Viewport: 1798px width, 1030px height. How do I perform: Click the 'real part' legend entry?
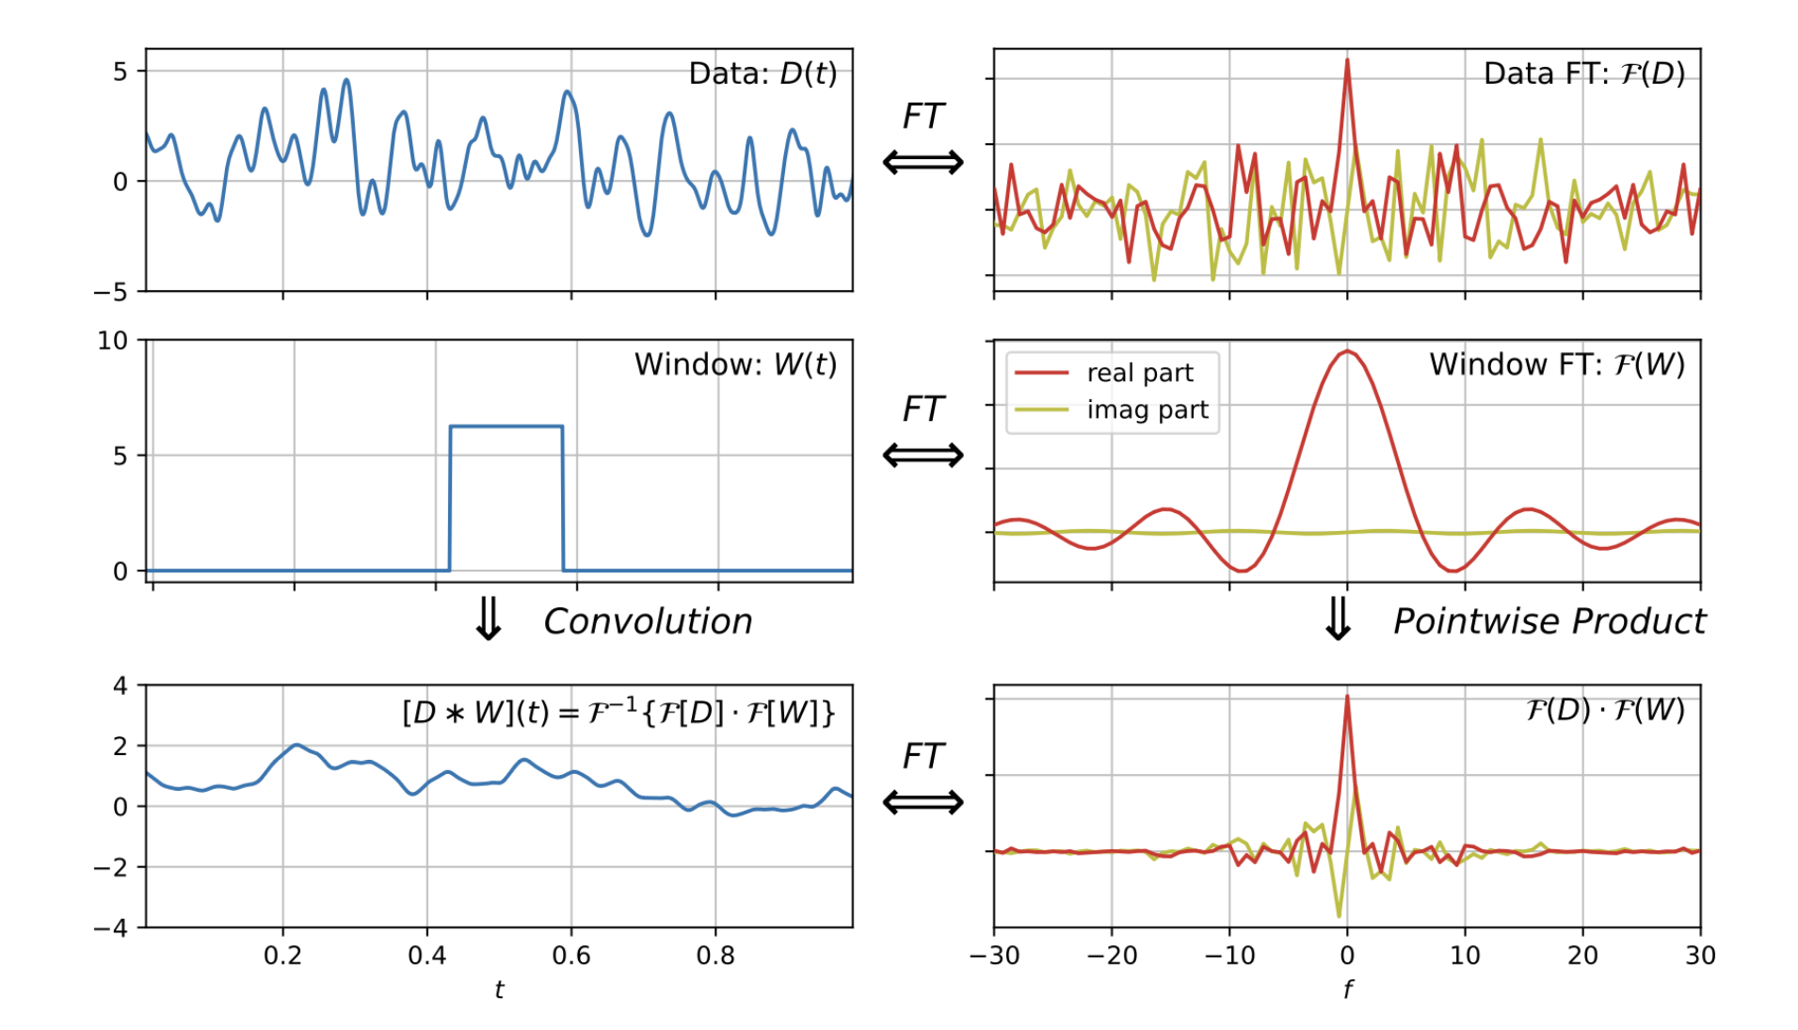coord(1139,373)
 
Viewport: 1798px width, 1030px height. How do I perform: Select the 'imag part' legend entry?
coord(1147,410)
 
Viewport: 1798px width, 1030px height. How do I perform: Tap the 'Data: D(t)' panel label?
coord(763,73)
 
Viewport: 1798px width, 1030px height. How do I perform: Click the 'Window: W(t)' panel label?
coord(735,364)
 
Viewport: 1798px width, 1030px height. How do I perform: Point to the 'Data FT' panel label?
coord(1583,73)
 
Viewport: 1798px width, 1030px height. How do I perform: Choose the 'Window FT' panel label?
coord(1556,364)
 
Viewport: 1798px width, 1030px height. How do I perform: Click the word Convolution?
coord(648,621)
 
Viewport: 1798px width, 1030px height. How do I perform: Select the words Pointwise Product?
coord(1549,621)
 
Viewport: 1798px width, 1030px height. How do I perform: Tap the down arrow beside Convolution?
coord(489,619)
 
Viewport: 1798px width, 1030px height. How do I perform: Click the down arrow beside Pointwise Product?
coord(1338,619)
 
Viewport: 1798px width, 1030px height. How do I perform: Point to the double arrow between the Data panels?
coord(923,162)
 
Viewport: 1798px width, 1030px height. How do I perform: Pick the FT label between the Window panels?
coord(923,409)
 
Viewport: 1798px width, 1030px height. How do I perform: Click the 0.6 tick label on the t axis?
coord(571,956)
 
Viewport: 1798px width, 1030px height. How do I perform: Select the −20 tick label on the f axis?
coord(1111,956)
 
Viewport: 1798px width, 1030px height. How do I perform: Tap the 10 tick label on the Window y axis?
coord(113,341)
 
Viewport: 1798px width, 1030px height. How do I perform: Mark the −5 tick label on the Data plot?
coord(110,292)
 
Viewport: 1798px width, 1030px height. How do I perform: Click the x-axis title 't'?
coord(499,990)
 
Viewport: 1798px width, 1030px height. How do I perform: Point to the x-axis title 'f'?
coord(1347,990)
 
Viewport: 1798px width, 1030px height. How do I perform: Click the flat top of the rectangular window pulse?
coord(506,426)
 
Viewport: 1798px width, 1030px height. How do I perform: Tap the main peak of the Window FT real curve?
coord(1347,351)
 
